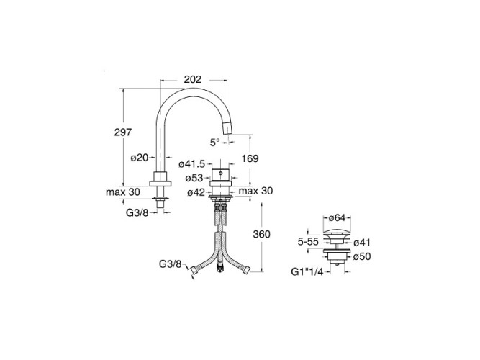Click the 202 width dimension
193,79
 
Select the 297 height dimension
123,132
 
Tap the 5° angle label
215,142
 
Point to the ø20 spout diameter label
140,158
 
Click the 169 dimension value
250,158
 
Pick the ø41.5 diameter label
192,164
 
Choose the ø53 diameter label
194,178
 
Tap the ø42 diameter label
196,192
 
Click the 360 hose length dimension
261,234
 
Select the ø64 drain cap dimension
337,218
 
